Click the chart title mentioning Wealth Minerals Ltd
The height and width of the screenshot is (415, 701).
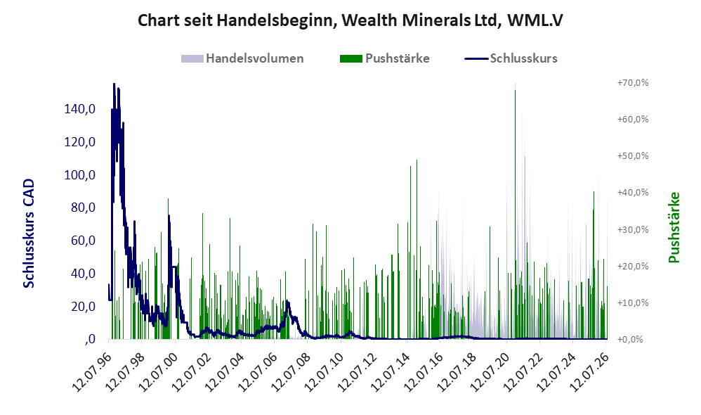click(x=350, y=20)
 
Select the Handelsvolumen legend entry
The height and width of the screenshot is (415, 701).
click(x=242, y=58)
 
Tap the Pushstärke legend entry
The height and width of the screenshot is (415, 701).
click(x=384, y=58)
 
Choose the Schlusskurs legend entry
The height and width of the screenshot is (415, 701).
click(x=511, y=58)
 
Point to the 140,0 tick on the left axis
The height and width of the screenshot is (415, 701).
click(x=80, y=109)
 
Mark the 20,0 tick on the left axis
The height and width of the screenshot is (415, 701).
click(x=83, y=307)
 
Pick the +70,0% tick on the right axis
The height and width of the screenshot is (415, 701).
click(x=633, y=83)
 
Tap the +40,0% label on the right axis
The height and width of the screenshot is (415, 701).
click(x=633, y=193)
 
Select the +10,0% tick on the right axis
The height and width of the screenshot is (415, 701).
click(x=633, y=302)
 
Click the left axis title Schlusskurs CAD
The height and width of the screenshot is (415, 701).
click(x=29, y=234)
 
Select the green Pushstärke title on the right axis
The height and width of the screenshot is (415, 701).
click(x=674, y=227)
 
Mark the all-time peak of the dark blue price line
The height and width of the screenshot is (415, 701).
click(x=114, y=84)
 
